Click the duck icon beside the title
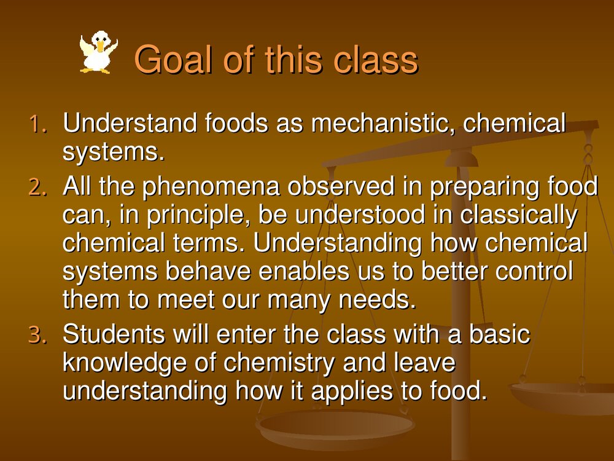tap(98, 52)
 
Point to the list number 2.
tap(37, 187)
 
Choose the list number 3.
tap(37, 336)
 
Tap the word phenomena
tap(211, 187)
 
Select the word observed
tap(341, 186)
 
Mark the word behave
tap(208, 271)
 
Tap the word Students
tap(114, 334)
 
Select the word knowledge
tap(125, 363)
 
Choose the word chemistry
tap(279, 363)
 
